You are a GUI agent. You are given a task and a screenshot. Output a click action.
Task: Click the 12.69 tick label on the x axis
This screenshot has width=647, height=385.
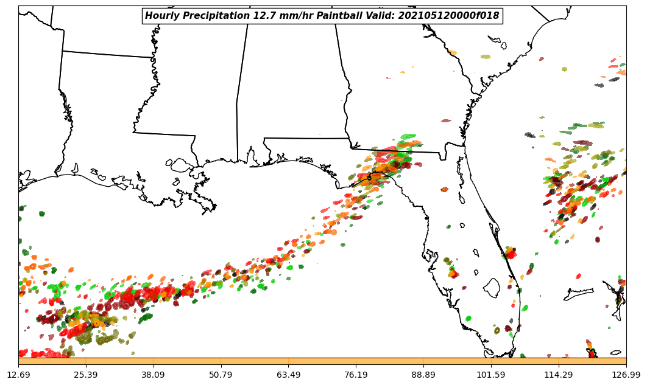18,375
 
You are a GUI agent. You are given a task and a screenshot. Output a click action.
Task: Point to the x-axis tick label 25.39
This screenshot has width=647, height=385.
86,375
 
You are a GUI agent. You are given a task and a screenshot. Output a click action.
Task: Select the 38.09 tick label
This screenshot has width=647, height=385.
154,375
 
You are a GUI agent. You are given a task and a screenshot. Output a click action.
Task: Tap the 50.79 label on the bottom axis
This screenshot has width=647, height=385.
221,375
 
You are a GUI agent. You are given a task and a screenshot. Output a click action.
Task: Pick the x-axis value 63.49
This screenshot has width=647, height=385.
288,375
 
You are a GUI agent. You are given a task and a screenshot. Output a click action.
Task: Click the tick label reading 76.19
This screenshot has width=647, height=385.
356,375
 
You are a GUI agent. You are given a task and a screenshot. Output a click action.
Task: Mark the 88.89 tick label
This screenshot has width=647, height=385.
423,375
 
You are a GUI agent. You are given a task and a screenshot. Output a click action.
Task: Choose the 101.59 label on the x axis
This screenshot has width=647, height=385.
491,375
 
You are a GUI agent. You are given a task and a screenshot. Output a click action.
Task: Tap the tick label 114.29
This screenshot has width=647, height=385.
559,375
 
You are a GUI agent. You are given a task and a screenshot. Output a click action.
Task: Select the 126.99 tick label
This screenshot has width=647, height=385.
626,375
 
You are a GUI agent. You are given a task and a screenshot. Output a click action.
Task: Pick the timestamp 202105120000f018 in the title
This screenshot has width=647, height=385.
448,16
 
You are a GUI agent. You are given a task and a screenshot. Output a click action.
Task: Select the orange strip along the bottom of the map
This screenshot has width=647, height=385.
322,361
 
